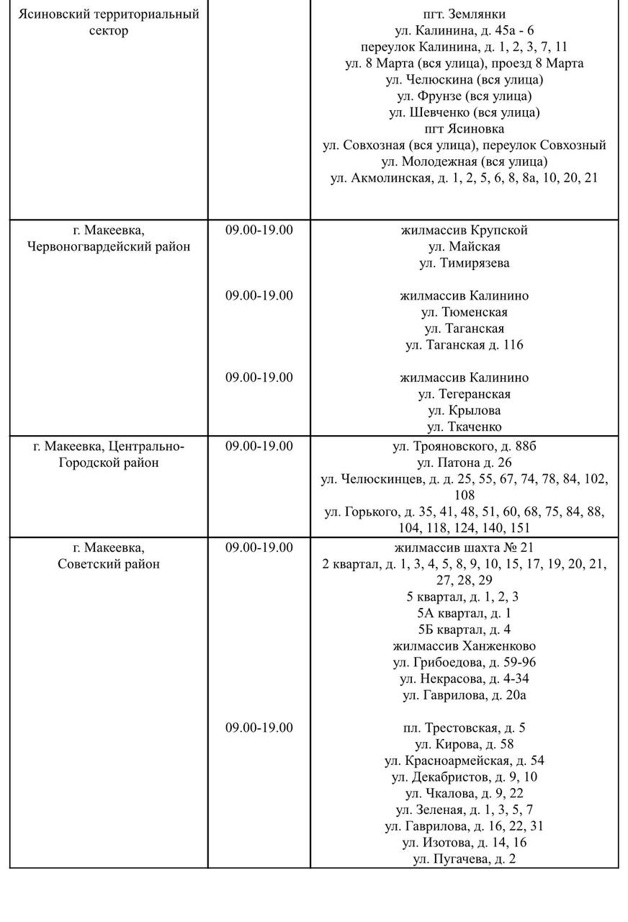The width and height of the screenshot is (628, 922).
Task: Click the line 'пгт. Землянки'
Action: pos(464,14)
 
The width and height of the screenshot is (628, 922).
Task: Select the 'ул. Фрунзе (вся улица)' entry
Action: pos(464,96)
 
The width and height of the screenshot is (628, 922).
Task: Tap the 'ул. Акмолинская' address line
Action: pos(464,178)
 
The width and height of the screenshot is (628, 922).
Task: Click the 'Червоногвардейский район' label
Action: pos(109,246)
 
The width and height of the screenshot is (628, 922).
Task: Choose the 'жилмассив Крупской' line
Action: pos(464,230)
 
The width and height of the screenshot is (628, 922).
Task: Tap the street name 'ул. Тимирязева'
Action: pos(464,263)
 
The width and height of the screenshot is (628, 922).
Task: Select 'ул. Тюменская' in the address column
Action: pos(464,312)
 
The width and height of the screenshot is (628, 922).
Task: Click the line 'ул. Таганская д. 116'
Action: pos(464,345)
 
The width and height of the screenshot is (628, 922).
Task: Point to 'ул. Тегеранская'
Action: pos(464,394)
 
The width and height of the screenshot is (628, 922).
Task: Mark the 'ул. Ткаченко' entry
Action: pos(464,427)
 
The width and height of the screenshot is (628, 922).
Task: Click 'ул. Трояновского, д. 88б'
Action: pos(464,447)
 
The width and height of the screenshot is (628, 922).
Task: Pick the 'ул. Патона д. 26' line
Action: pos(464,462)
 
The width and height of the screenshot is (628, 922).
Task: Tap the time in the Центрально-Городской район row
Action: pos(259,447)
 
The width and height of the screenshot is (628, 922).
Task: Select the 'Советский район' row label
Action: pos(109,564)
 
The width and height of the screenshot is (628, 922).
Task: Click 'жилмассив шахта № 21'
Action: pos(464,547)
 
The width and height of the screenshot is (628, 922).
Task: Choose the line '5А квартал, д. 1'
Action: pos(464,613)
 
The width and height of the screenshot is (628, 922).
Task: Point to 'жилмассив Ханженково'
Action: pos(464,646)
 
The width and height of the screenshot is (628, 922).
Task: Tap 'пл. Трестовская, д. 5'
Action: pos(464,728)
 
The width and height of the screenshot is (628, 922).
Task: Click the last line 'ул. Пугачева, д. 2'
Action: pos(464,859)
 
